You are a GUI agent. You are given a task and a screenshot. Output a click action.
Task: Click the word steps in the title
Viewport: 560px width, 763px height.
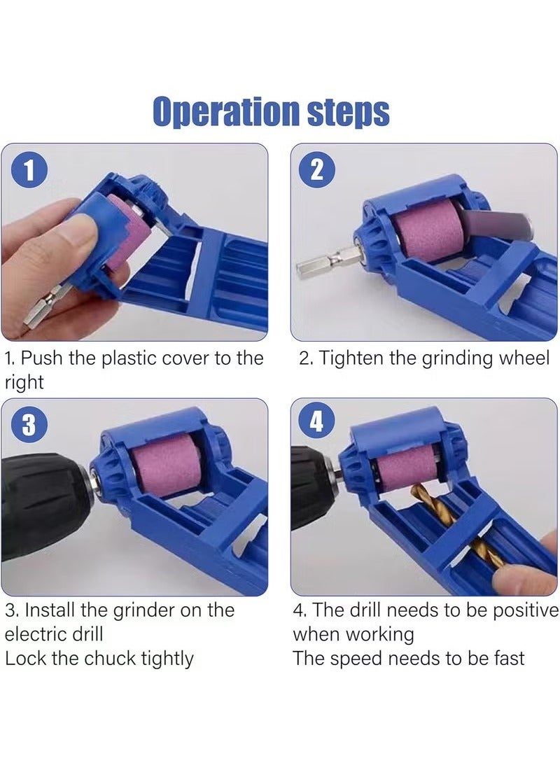pos(347,113)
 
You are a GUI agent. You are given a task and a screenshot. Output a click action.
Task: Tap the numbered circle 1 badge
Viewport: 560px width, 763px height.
pos(29,171)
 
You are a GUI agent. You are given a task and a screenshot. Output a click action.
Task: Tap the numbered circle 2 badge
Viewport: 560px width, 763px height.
pos(317,171)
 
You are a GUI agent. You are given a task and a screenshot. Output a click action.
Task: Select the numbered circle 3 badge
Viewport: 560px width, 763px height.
pos(29,424)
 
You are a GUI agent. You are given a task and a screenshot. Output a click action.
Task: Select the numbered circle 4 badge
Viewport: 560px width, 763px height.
pos(317,424)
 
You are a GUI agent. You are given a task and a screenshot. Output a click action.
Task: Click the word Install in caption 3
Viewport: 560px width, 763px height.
pos(43,610)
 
